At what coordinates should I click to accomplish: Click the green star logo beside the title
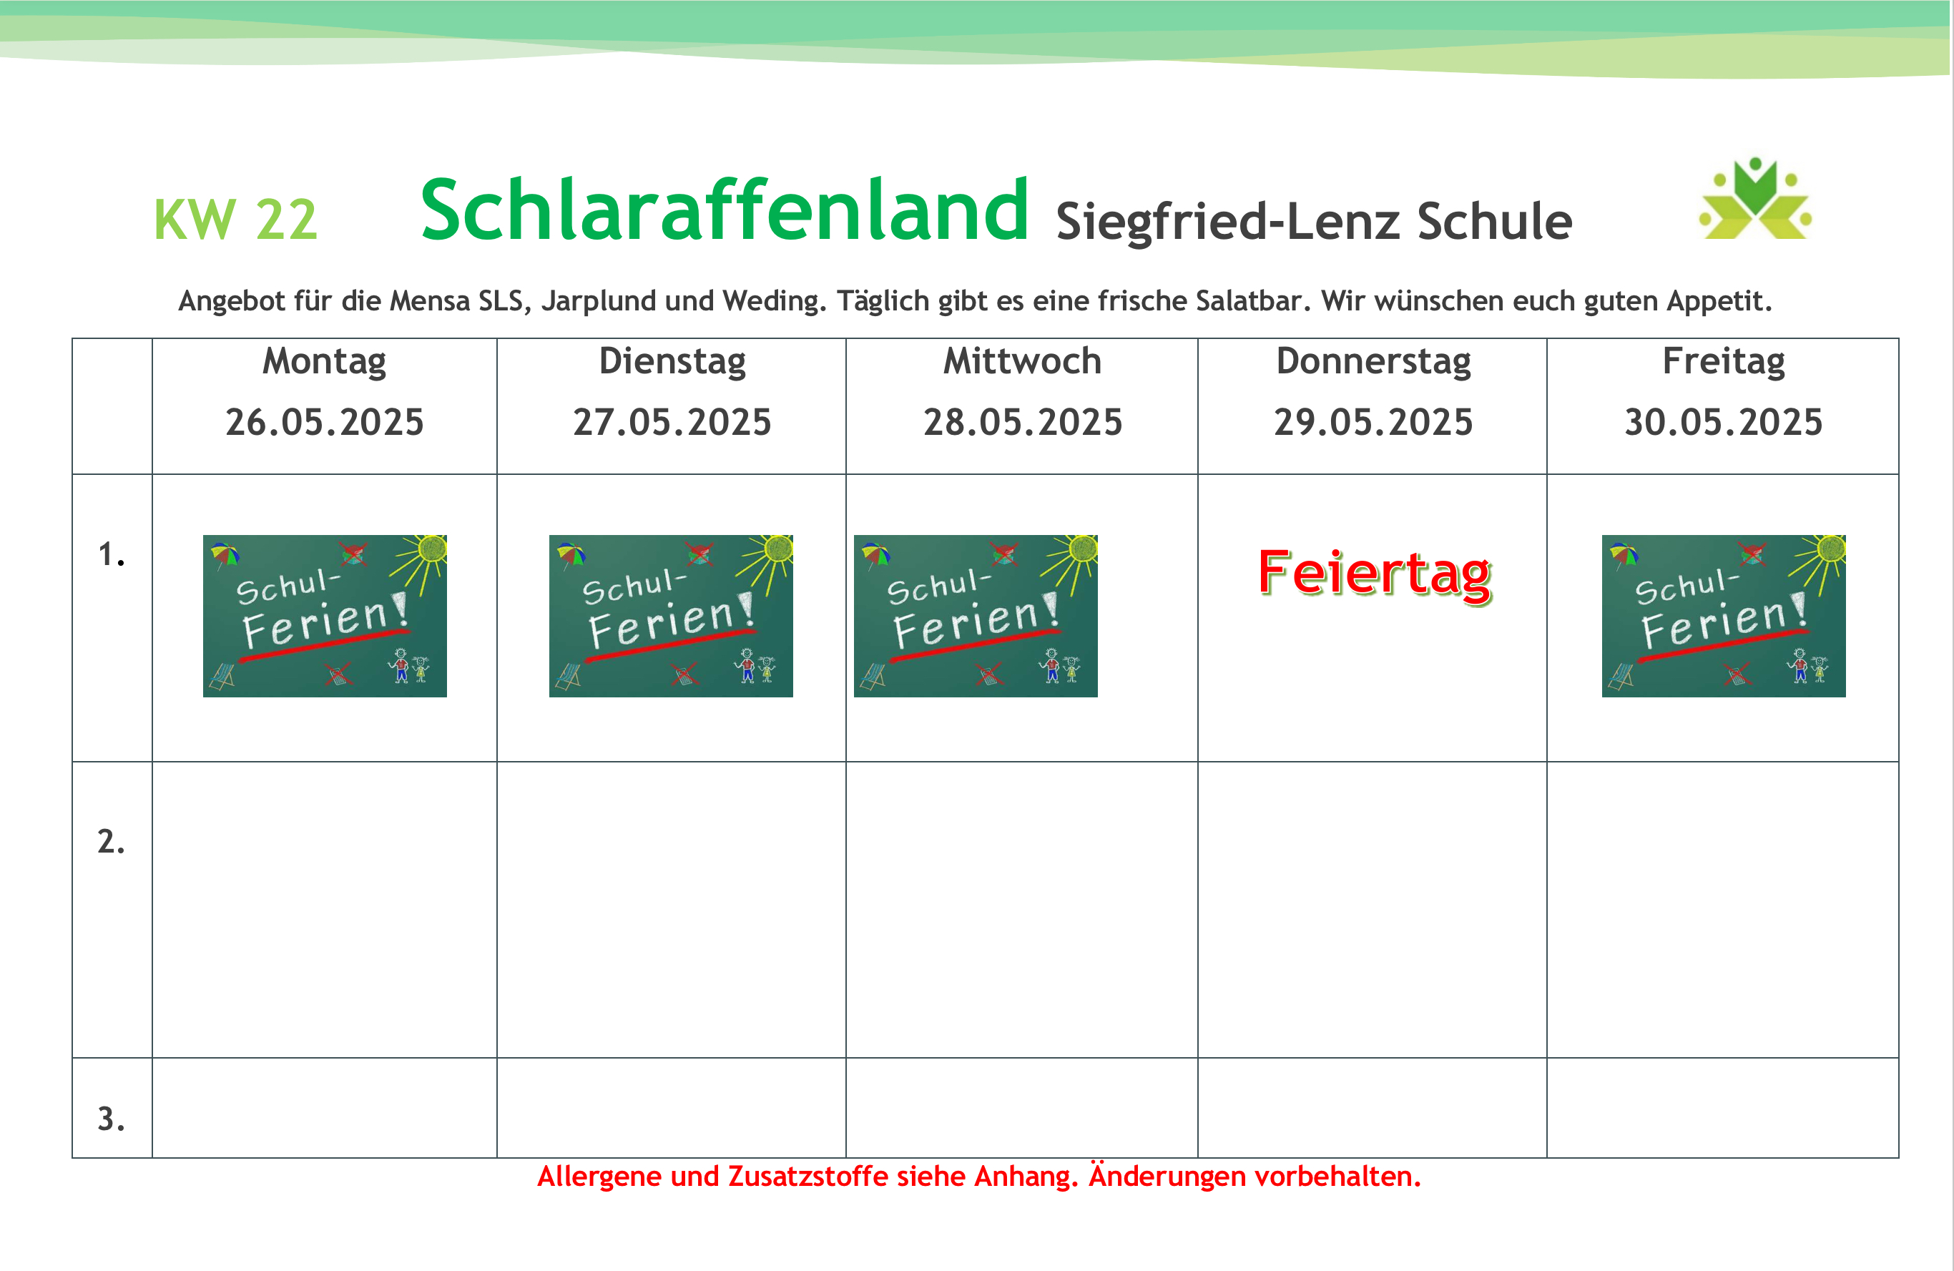coord(1755,198)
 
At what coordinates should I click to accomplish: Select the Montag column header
coord(324,362)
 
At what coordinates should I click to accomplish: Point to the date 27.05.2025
coord(672,422)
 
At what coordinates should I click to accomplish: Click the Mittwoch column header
coord(1022,361)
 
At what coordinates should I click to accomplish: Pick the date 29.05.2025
coord(1373,422)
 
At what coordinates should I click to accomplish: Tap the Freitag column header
coord(1723,362)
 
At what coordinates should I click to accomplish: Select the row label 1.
coord(112,554)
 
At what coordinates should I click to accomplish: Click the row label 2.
coord(112,842)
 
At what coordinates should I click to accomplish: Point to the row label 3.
coord(112,1118)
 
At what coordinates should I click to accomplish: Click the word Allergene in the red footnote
coord(600,1177)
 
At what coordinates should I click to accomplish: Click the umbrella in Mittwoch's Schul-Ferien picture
coord(876,554)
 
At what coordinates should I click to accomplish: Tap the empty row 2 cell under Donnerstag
coord(1373,910)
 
